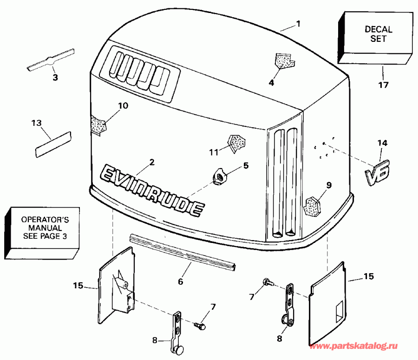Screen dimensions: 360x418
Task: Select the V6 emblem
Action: pos(377,173)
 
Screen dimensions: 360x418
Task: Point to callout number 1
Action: pos(299,23)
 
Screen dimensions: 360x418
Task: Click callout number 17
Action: pos(383,85)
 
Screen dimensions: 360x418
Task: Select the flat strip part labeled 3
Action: pos(51,60)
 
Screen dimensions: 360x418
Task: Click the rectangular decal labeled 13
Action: pos(53,143)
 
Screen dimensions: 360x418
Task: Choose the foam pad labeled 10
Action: pos(98,124)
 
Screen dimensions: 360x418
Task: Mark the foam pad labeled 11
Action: pos(235,142)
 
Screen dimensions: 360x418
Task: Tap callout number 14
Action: pos(382,143)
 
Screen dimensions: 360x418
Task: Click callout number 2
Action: pos(151,162)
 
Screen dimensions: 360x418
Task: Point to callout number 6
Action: pos(180,281)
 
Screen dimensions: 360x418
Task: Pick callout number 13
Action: pos(36,123)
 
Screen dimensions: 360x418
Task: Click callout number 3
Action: pos(55,78)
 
